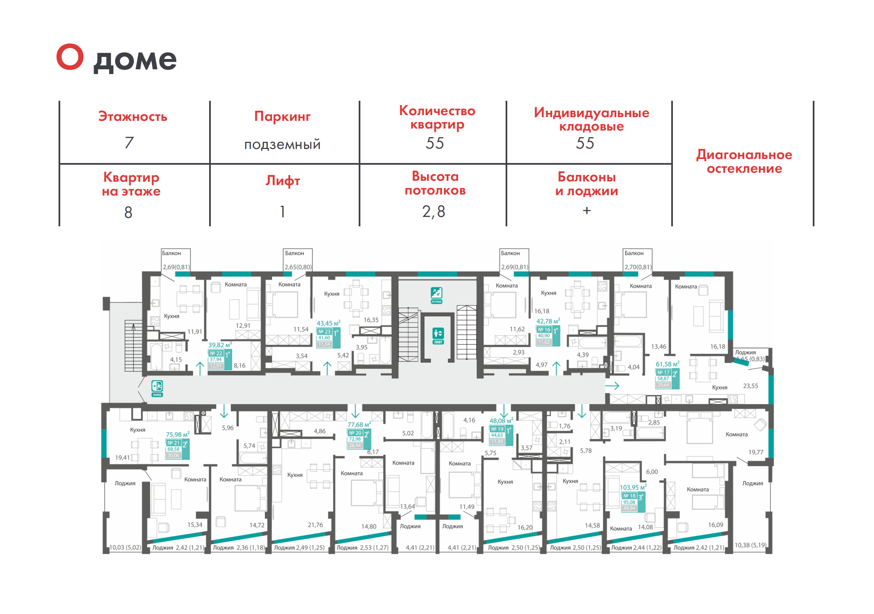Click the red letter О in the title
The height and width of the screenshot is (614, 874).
[70, 57]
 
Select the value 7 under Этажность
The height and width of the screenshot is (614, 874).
[129, 143]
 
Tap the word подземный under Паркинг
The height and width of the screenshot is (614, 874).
[282, 145]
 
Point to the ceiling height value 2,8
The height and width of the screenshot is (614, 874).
[434, 211]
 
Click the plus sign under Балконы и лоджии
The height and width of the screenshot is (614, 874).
[587, 210]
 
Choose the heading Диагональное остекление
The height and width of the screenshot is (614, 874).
[744, 161]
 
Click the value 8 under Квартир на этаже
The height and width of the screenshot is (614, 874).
[128, 212]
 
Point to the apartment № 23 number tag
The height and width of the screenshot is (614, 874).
[324, 332]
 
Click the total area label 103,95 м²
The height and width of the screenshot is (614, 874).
[633, 487]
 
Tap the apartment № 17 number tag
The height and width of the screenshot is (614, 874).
[663, 373]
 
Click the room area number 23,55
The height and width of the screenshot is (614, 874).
[750, 386]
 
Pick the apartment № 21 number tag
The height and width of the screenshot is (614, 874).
[173, 443]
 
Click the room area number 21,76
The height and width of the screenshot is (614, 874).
[315, 525]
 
